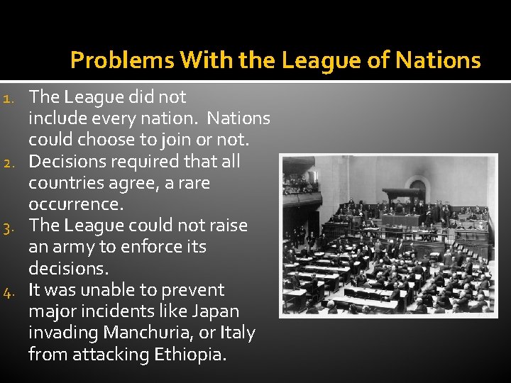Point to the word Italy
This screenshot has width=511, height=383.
pos(236,333)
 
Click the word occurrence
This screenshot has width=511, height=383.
pos(76,204)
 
